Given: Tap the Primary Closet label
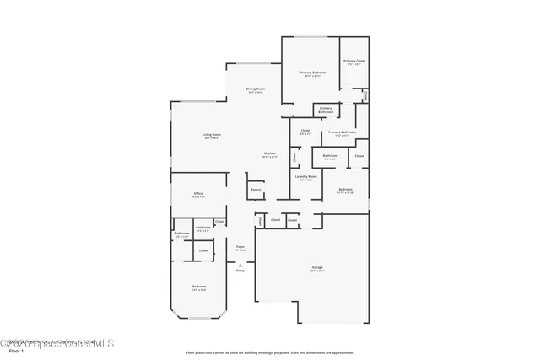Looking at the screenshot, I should coord(354,62).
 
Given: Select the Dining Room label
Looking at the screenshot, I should coord(256,90).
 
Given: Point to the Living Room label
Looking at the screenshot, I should coord(211,136).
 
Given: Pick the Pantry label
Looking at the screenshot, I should coord(256,190).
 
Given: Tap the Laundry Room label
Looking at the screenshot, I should coord(305,178).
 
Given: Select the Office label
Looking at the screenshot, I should coord(197,195).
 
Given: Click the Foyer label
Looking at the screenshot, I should coord(240,248).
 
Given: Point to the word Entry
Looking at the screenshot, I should coord(240,271).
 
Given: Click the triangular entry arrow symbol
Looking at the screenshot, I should coord(240,265).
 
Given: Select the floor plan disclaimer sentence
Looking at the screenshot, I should coord(270,352).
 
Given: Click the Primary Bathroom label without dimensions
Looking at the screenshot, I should coord(325,110).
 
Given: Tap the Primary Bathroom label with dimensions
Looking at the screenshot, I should coord(342,133).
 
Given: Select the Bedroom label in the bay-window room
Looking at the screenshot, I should coord(198,288).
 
